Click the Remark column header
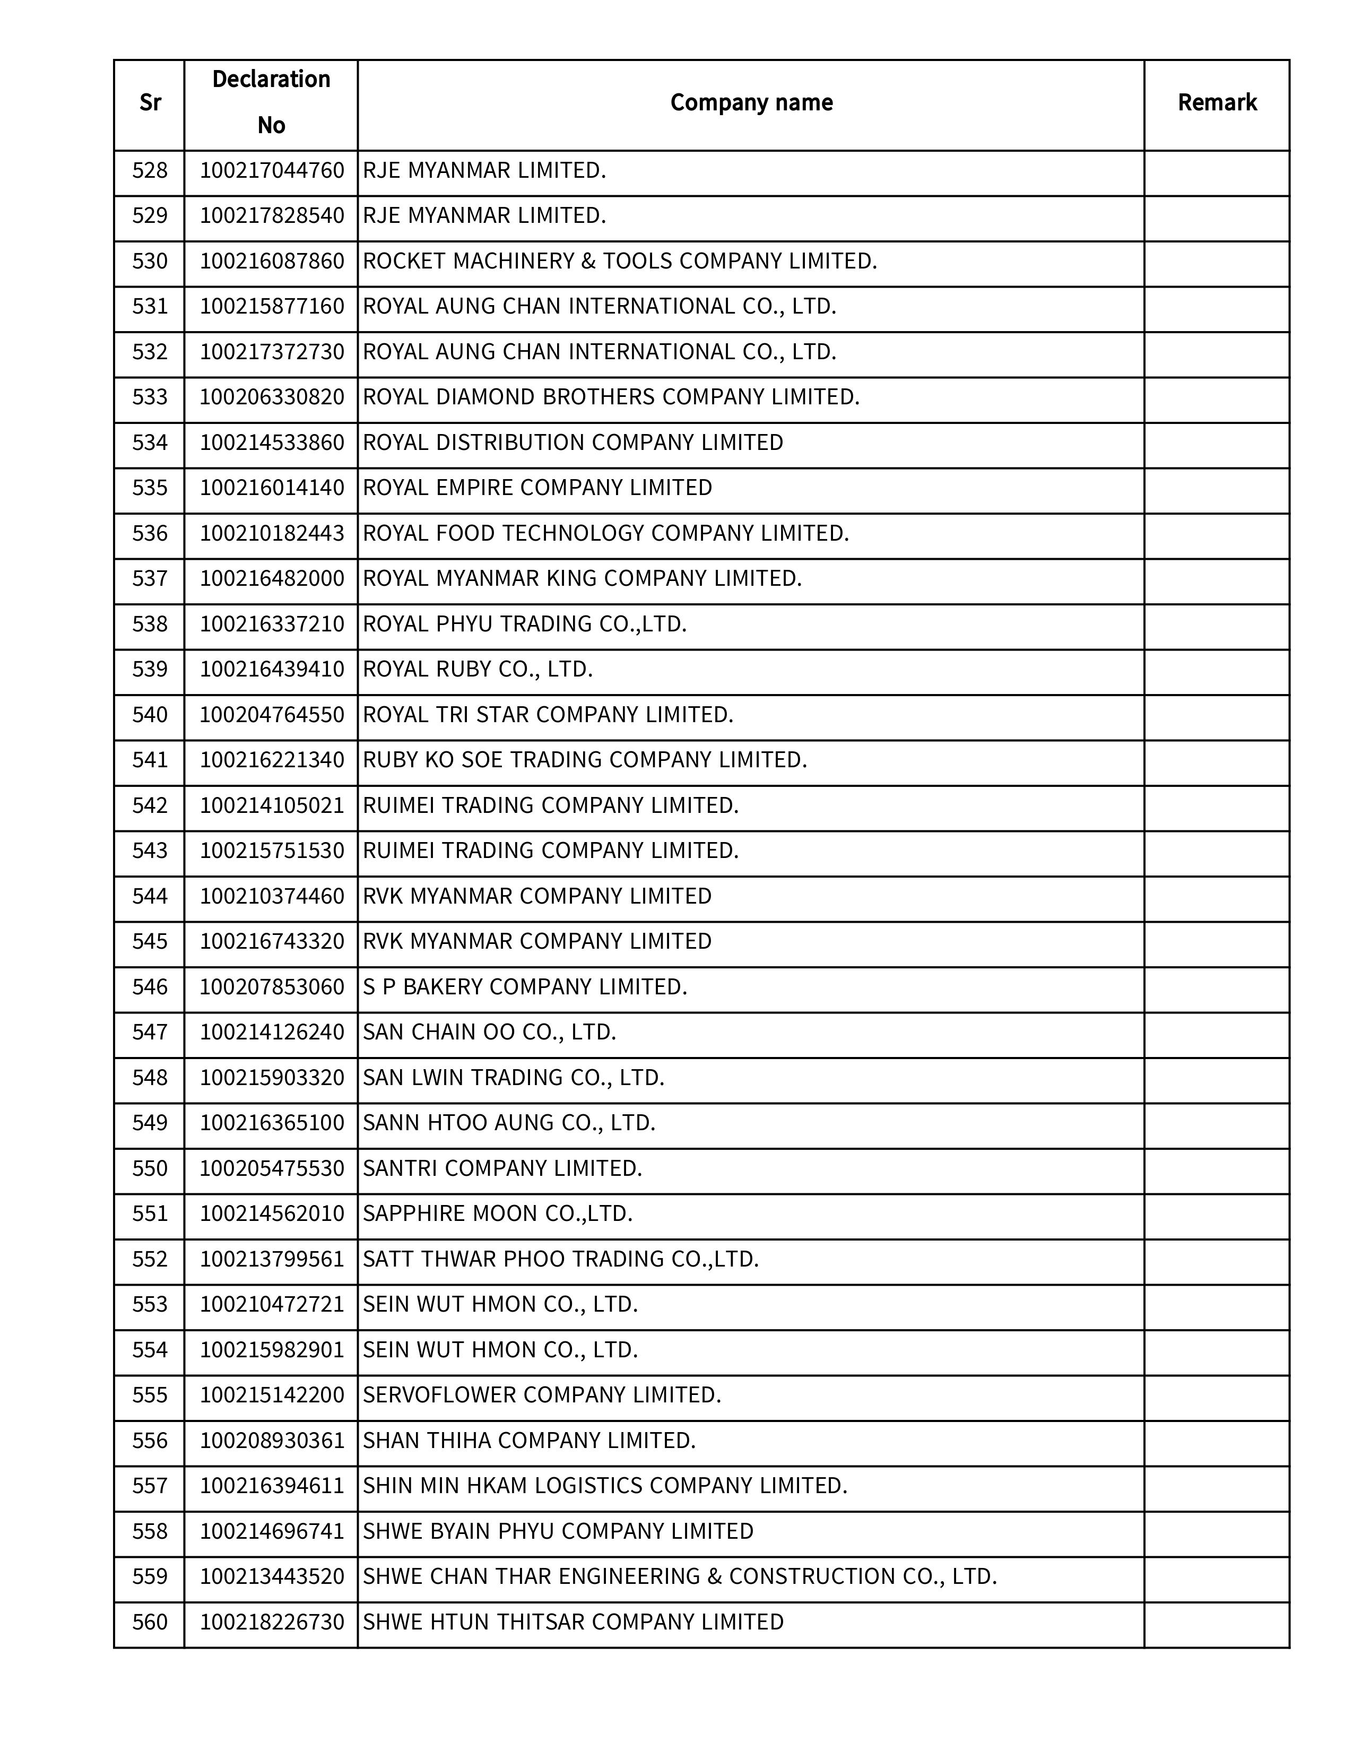tap(1216, 102)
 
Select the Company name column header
tap(751, 102)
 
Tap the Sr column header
tap(150, 102)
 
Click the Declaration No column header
tap(271, 102)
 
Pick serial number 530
tap(150, 262)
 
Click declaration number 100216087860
tap(272, 262)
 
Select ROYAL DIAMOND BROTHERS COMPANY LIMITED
tap(611, 397)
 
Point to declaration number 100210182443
tap(272, 534)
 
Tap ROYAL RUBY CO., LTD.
tap(478, 670)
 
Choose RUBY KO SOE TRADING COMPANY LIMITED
tap(584, 760)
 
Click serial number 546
tap(150, 987)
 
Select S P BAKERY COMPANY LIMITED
tap(525, 987)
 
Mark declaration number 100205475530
tap(272, 1168)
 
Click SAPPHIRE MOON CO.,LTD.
tap(498, 1214)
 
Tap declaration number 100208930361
tap(272, 1441)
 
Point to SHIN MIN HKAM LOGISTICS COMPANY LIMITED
tap(604, 1486)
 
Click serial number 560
tap(150, 1622)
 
